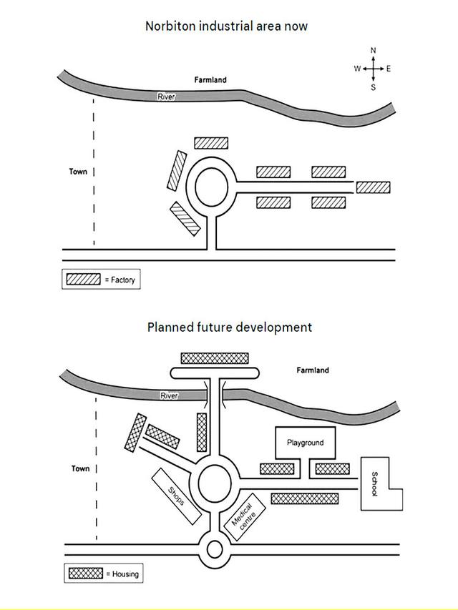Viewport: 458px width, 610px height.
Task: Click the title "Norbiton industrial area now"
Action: pos(227,26)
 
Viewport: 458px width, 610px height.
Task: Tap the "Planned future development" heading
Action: pos(229,327)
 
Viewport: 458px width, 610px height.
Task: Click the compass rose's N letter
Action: pos(373,51)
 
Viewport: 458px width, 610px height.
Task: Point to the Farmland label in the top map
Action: pos(210,80)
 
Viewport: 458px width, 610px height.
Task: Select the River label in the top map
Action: pos(166,97)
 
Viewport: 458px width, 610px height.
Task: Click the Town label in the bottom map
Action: pos(80,468)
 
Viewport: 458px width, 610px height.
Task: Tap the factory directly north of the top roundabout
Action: pos(211,143)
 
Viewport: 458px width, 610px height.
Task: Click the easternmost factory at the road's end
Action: pos(373,187)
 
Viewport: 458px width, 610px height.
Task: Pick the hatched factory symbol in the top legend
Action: pos(83,280)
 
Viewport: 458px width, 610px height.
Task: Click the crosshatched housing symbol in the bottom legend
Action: pos(86,573)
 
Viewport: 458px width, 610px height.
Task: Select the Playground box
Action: pos(305,443)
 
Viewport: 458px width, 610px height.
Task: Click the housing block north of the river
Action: pos(215,358)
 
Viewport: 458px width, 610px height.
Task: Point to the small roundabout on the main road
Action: pos(215,550)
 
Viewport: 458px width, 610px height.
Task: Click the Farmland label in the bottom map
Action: pos(313,370)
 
